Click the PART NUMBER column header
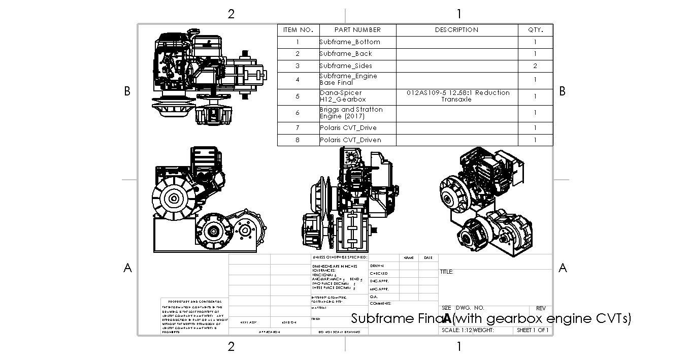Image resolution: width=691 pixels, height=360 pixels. [x=357, y=30]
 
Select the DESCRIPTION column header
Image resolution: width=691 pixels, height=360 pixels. [x=456, y=30]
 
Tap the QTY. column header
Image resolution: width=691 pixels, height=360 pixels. [x=535, y=30]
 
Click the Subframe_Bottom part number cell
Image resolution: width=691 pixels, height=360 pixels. [x=350, y=42]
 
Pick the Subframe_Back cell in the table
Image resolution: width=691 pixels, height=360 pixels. [x=346, y=54]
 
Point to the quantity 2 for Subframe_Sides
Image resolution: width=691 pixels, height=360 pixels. [x=535, y=66]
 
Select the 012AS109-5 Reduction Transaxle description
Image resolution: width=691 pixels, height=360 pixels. [x=456, y=96]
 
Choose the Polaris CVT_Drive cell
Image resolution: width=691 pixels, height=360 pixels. [x=348, y=128]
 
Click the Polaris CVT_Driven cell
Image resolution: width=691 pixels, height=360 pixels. [x=350, y=140]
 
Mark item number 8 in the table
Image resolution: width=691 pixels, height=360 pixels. [x=298, y=140]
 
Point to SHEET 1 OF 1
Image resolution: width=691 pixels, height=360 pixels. [x=533, y=330]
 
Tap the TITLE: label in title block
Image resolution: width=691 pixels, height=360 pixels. [x=446, y=272]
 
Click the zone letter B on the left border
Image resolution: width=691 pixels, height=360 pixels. [x=128, y=91]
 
